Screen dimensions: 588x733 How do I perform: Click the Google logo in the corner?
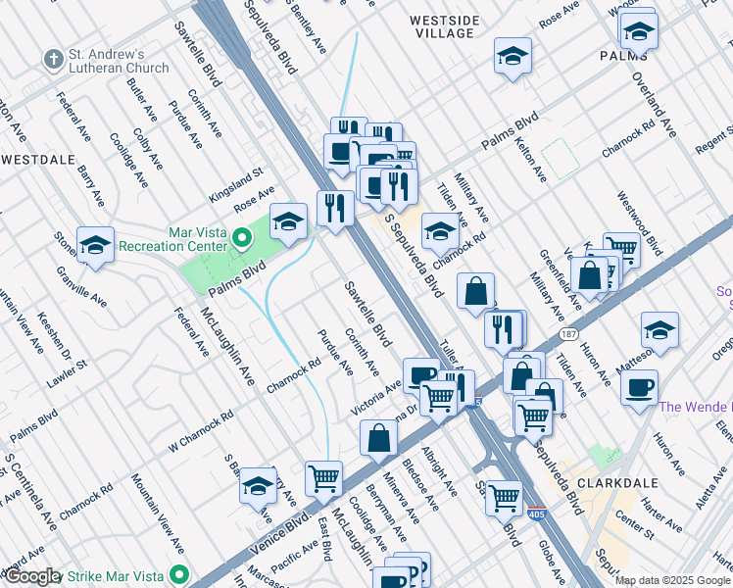[31, 576]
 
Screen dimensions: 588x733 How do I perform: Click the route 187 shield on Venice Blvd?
[567, 334]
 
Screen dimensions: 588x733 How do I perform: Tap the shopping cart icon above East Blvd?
[323, 478]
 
